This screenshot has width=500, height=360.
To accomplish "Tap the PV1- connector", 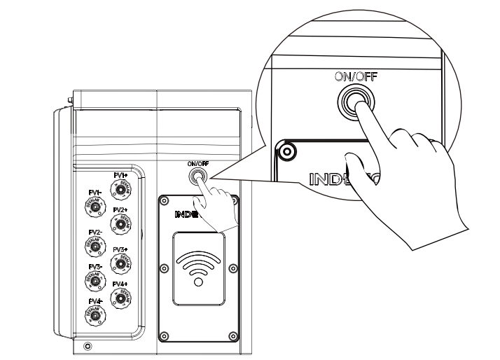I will [x=94, y=207].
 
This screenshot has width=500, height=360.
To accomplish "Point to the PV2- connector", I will [x=94, y=245].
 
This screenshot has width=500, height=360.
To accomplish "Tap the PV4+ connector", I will [x=123, y=298].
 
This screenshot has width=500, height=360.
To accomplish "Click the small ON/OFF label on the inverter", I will [x=198, y=163].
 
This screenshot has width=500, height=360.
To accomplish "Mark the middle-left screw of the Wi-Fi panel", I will [x=164, y=267].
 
